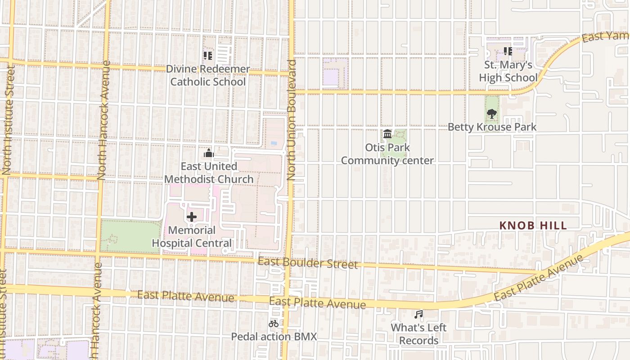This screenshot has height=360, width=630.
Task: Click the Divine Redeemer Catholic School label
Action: pyautogui.click(x=208, y=75)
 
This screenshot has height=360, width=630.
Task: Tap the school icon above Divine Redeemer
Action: pyautogui.click(x=207, y=56)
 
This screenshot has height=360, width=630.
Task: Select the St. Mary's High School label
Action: pyautogui.click(x=508, y=71)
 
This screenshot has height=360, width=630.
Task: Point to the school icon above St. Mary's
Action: pyautogui.click(x=508, y=51)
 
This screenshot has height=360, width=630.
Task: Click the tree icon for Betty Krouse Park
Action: pyautogui.click(x=492, y=114)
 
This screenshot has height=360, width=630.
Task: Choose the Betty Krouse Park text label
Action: pyautogui.click(x=492, y=127)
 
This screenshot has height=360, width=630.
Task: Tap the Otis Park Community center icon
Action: pyautogui.click(x=387, y=134)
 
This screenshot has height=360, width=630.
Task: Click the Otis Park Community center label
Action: pyautogui.click(x=387, y=154)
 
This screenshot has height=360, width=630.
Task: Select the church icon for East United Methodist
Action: pyautogui.click(x=208, y=153)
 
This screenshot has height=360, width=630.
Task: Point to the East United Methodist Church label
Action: pyautogui.click(x=209, y=173)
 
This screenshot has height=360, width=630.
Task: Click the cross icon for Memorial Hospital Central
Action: pyautogui.click(x=192, y=217)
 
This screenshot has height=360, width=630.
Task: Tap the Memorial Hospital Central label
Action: pyautogui.click(x=192, y=237)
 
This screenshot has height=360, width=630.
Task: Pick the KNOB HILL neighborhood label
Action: pyautogui.click(x=533, y=226)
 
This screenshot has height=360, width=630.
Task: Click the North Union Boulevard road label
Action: pyautogui.click(x=292, y=120)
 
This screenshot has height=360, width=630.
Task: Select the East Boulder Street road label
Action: pyautogui.click(x=308, y=263)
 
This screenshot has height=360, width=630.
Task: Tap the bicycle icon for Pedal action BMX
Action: pyautogui.click(x=273, y=323)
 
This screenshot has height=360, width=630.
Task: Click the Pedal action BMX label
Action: pyautogui.click(x=274, y=337)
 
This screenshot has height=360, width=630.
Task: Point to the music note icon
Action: pyautogui.click(x=418, y=315)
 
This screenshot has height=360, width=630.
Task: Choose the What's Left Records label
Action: pyautogui.click(x=418, y=334)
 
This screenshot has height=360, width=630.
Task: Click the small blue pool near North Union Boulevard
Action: pyautogui.click(x=274, y=143)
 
